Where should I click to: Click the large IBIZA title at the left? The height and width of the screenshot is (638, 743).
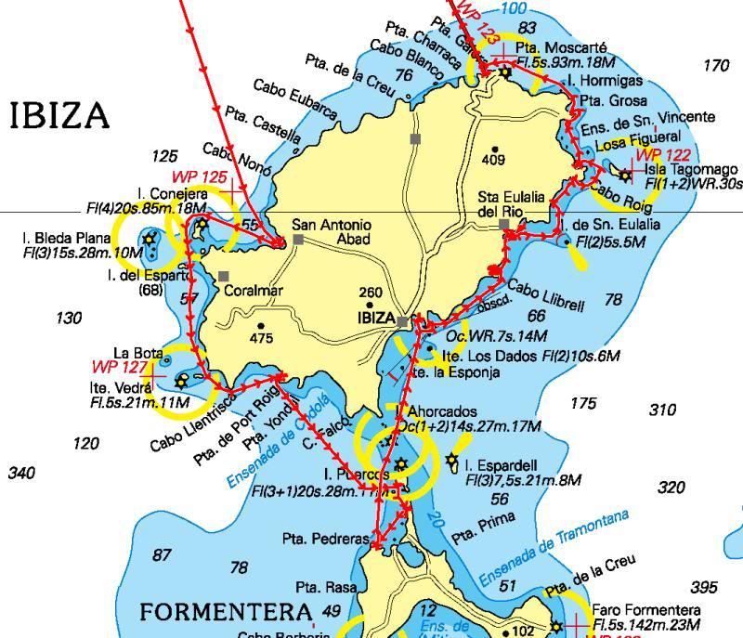tap(59, 117)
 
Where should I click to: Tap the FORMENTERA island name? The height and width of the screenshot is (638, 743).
tap(226, 613)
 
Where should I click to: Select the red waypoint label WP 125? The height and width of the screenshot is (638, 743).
tap(199, 176)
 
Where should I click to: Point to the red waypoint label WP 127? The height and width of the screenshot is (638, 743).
tap(116, 367)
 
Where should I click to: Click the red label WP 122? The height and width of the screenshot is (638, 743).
tap(663, 155)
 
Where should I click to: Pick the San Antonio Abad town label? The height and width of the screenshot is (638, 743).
tap(332, 232)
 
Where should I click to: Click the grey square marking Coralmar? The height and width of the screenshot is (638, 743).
tap(224, 276)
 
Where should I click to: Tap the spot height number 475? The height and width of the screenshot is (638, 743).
tap(261, 339)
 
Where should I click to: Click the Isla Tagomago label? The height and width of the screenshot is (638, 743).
tap(691, 169)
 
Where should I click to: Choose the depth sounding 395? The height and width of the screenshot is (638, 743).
tap(705, 588)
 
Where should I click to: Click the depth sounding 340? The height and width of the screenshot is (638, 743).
tap(21, 474)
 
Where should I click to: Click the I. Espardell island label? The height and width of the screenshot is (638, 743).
tap(503, 464)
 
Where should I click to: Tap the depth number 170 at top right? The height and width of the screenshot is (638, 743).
tap(716, 66)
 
